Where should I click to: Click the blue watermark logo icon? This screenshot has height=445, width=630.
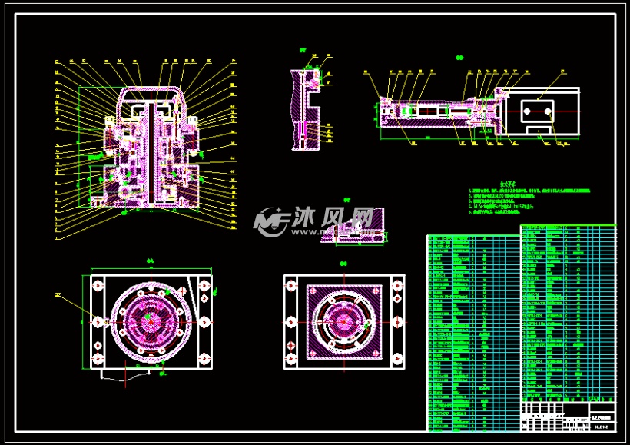pyautogui.click(x=270, y=221)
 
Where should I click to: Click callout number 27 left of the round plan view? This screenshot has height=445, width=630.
pyautogui.click(x=57, y=294)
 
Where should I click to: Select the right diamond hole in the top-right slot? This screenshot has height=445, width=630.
pyautogui.click(x=549, y=111)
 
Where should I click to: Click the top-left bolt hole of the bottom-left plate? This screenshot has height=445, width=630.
pyautogui.click(x=98, y=285)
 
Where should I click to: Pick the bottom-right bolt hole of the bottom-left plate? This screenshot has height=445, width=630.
pyautogui.click(x=204, y=358)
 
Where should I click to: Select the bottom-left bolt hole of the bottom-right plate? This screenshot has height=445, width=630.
pyautogui.click(x=290, y=358)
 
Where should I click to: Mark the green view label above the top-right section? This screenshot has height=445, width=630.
pyautogui.click(x=459, y=58)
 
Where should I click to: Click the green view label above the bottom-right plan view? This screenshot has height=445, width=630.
pyautogui.click(x=343, y=264)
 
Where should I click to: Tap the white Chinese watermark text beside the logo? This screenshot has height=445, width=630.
pyautogui.click(x=331, y=221)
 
